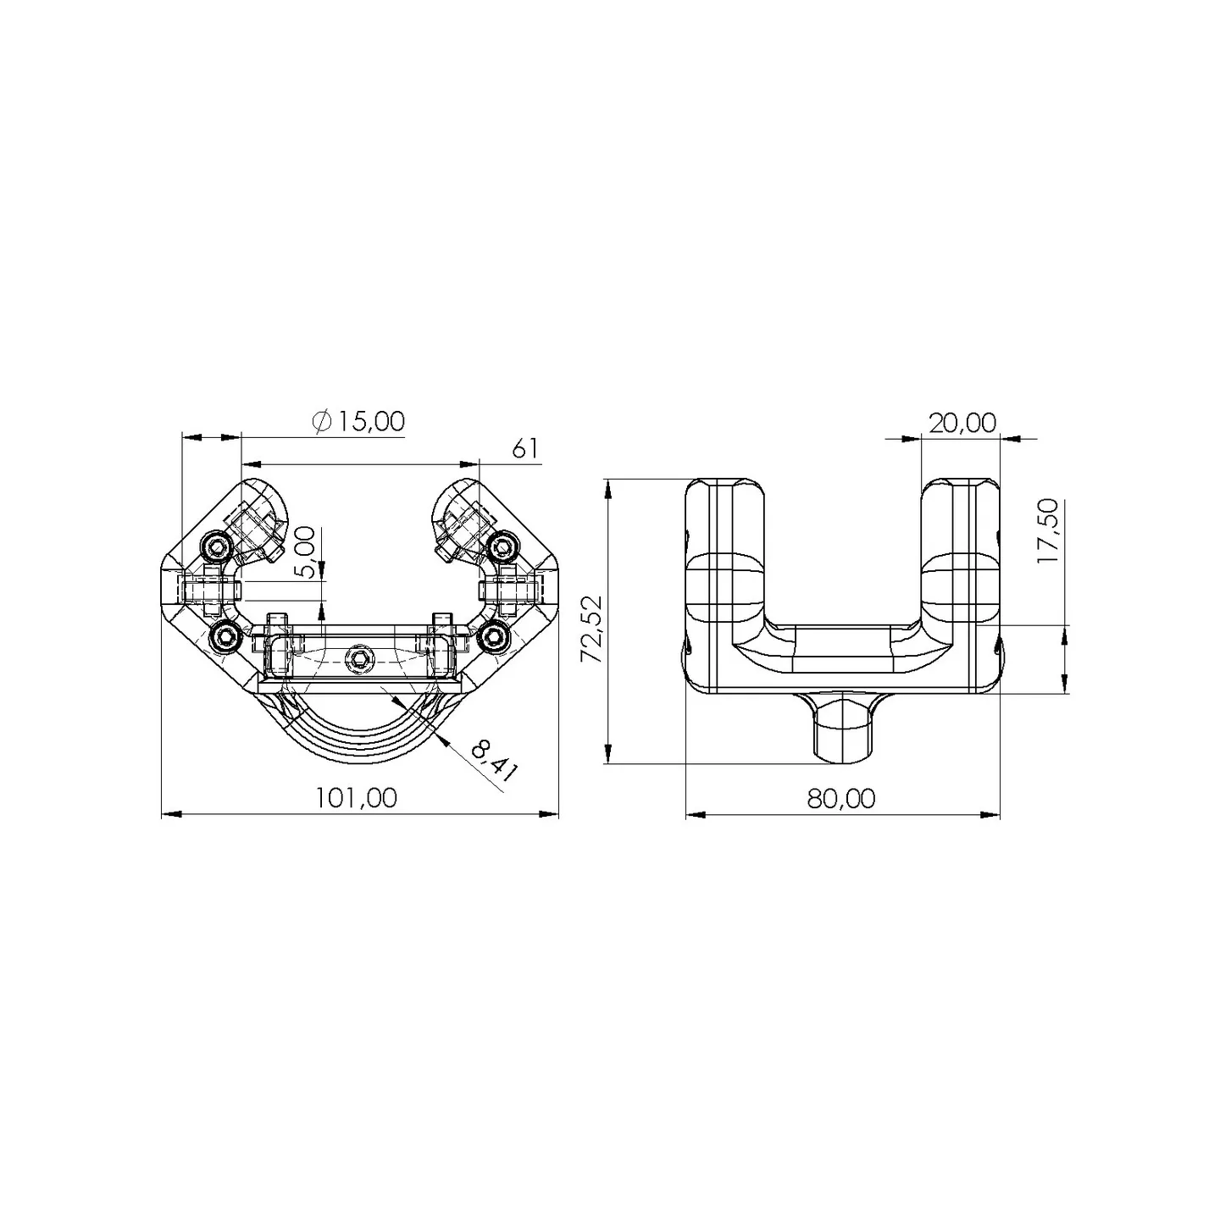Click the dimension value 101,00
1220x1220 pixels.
[x=357, y=798]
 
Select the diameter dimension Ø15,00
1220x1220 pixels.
[x=359, y=422]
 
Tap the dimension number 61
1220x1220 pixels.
[x=524, y=449]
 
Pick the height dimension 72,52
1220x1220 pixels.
[x=592, y=629]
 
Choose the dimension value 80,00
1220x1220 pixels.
[x=841, y=798]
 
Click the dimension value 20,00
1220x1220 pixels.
[x=962, y=423]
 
